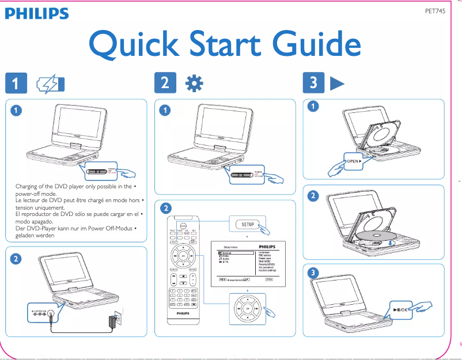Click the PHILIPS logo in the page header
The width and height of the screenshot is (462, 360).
[x=37, y=13]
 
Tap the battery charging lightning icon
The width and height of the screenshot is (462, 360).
[x=50, y=84]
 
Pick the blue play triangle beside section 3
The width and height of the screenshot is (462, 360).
[x=337, y=84]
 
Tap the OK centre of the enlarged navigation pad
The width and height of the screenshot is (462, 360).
[x=248, y=309]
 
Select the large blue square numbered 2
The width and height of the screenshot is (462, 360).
[x=165, y=84]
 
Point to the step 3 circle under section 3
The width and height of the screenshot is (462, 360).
[x=312, y=272]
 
